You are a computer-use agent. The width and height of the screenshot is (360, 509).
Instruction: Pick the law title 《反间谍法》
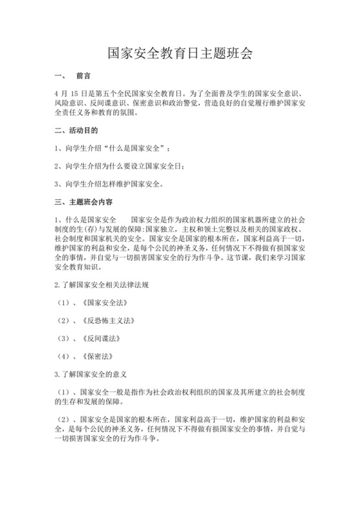point(103,337)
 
